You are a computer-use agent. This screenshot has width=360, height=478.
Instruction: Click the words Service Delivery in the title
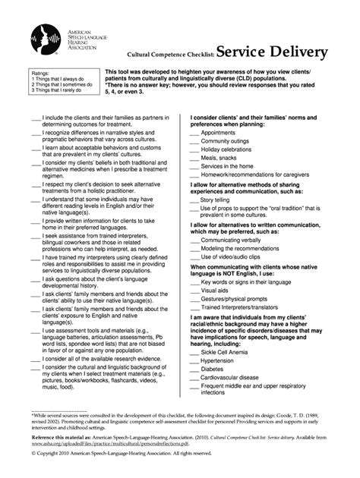click(x=272, y=52)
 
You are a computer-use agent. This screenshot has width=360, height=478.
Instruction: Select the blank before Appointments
click(x=194, y=132)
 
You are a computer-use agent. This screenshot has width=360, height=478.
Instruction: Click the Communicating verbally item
click(x=229, y=239)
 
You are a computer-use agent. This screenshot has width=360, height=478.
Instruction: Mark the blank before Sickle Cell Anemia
click(x=194, y=352)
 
